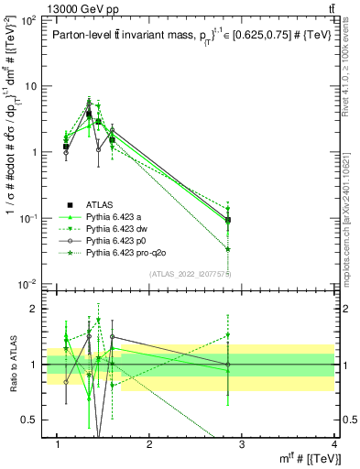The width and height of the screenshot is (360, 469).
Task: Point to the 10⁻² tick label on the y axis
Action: coord(27,284)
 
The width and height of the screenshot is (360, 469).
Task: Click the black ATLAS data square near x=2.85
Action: coord(227,220)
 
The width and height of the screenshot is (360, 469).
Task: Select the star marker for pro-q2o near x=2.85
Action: coord(227,249)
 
